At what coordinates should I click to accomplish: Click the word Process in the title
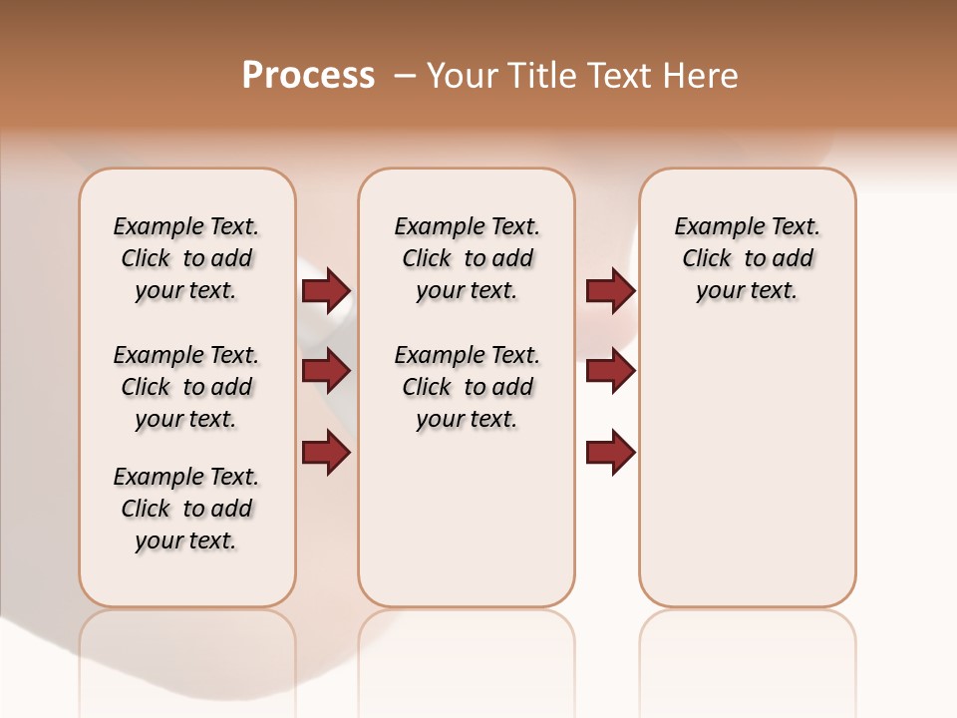coord(308,75)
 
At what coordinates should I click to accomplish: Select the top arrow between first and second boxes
coord(326,291)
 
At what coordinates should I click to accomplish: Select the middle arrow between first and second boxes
coord(326,371)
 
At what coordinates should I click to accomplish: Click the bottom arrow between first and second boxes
coord(326,453)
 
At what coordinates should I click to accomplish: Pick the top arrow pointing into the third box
coord(610,291)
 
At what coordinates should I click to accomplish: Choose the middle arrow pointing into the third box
coord(610,371)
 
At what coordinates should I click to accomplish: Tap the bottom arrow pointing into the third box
coord(610,453)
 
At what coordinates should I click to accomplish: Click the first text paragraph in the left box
coord(186,258)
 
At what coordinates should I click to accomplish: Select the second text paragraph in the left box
coord(186,387)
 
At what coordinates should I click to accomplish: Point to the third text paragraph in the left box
coord(186,509)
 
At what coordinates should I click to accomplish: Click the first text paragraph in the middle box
coord(467,258)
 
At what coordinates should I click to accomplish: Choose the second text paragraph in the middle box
coord(467,387)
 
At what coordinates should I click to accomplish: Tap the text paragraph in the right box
coord(748,258)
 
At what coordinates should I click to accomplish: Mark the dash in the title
coord(405,76)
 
